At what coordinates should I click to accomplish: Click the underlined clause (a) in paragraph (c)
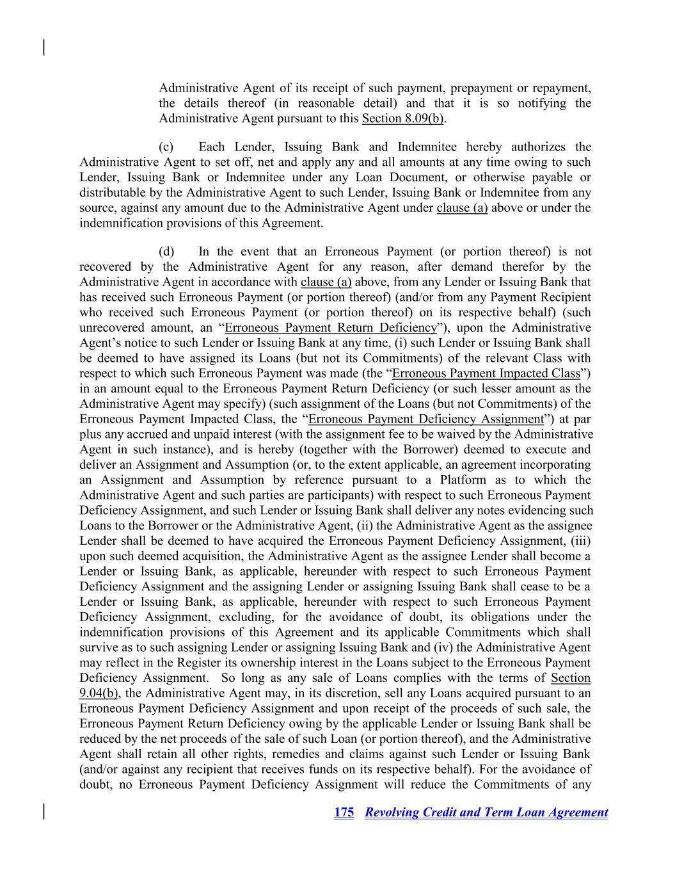462,208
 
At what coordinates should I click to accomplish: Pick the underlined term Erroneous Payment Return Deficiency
330,328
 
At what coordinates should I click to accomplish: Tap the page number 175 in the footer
344,813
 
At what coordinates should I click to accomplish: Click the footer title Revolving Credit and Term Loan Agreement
486,813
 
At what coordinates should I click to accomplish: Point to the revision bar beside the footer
44,811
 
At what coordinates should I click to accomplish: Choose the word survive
97,647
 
